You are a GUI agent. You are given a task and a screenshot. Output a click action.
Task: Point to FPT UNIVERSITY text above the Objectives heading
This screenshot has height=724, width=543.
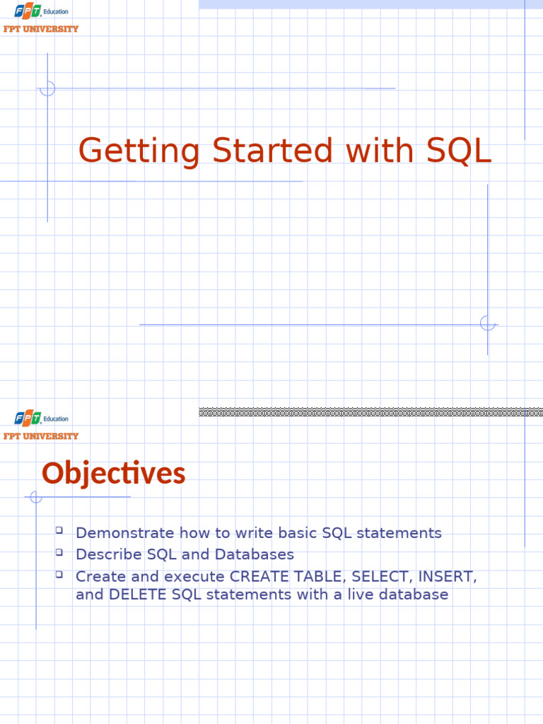[41, 436]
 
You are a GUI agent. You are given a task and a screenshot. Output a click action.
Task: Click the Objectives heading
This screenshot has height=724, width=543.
[113, 474]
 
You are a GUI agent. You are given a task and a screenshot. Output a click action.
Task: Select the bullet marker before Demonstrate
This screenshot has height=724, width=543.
[59, 530]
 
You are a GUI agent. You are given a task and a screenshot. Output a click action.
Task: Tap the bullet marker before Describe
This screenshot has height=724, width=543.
[59, 551]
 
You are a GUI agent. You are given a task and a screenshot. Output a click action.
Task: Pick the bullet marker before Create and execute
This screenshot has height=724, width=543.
[59, 574]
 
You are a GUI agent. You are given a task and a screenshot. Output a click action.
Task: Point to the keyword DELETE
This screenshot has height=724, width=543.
[137, 595]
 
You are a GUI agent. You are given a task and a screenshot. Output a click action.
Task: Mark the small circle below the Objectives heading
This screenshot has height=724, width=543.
[36, 498]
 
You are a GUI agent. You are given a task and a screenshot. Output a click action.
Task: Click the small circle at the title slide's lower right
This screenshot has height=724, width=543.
[487, 323]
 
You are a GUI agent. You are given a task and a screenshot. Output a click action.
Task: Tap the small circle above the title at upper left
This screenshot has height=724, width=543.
[47, 88]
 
